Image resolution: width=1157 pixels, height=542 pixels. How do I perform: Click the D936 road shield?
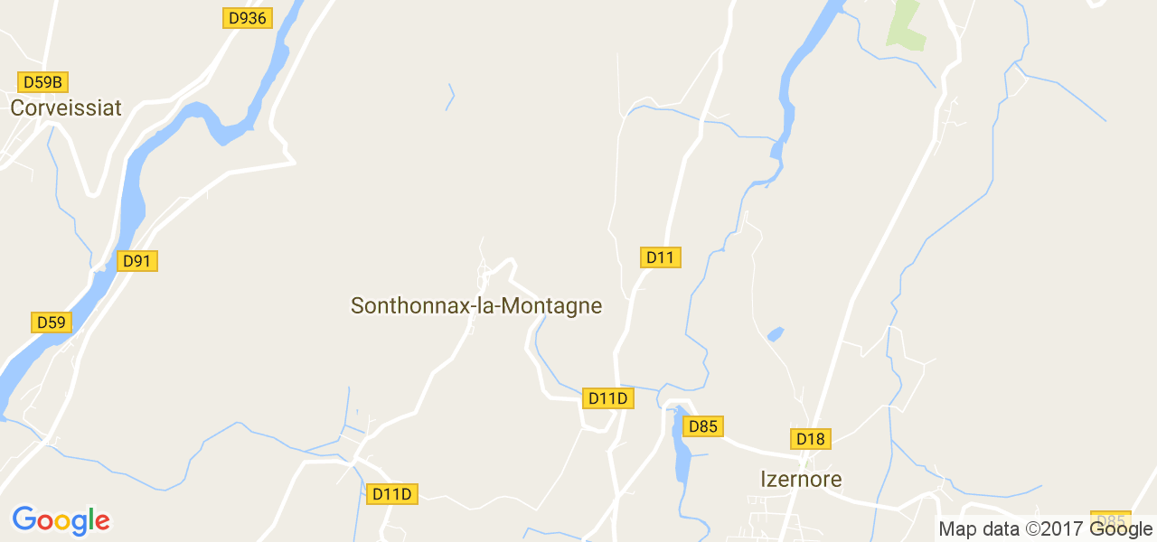click(247, 18)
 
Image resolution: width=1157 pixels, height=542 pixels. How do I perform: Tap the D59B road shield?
click(42, 82)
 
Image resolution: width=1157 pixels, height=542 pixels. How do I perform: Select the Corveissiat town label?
click(66, 108)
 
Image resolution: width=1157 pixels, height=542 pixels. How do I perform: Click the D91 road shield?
click(137, 261)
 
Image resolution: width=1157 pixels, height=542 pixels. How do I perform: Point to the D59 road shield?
click(52, 322)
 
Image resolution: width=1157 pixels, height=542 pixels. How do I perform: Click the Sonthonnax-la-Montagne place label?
click(476, 306)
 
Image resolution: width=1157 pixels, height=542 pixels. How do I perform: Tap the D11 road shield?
click(661, 257)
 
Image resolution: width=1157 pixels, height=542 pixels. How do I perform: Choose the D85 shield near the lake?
click(702, 426)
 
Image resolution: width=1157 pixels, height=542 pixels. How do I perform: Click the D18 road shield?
click(811, 439)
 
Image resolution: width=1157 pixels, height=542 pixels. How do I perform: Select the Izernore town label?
click(801, 480)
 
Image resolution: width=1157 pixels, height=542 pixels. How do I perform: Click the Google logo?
click(61, 521)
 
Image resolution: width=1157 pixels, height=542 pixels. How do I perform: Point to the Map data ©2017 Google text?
click(1045, 529)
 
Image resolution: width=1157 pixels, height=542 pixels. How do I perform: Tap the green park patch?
click(906, 25)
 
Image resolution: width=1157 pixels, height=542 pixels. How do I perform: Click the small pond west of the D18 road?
click(775, 334)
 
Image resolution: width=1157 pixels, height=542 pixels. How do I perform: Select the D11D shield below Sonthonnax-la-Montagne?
click(393, 494)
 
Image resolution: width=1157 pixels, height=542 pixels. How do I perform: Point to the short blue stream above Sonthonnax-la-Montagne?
click(450, 97)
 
